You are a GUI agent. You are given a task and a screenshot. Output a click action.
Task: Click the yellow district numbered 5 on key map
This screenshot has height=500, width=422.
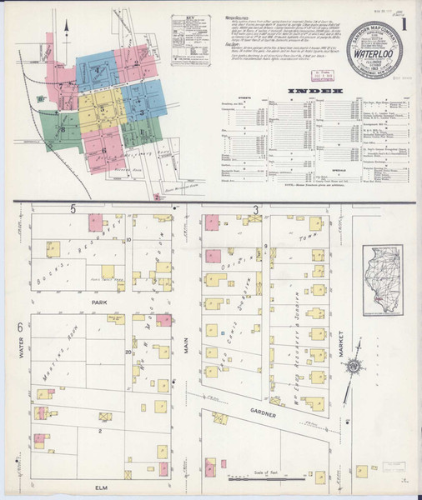pos(101,109)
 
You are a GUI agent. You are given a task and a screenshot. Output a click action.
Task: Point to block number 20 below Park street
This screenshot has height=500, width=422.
pos(128,352)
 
